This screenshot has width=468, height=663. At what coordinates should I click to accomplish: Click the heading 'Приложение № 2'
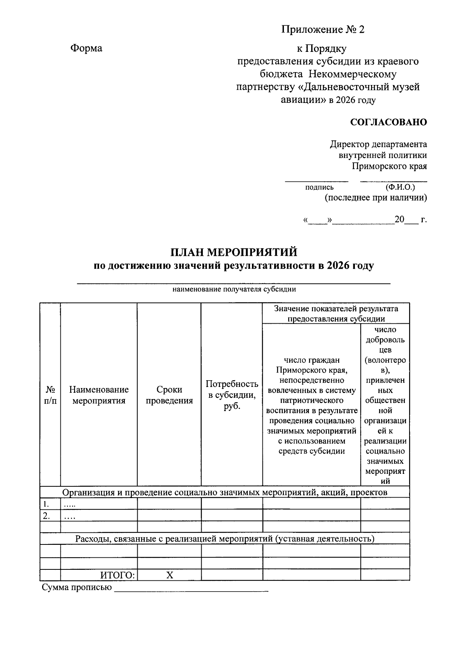point(323,30)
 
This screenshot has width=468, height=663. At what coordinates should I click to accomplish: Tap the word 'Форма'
point(86,48)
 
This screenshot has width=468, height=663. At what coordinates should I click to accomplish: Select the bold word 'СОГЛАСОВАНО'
point(388,122)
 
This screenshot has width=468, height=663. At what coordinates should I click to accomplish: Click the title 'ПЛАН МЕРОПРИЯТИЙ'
point(234,252)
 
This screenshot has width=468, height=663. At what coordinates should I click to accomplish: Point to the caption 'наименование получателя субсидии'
point(234,289)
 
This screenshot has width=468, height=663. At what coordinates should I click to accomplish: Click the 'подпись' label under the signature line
point(319,188)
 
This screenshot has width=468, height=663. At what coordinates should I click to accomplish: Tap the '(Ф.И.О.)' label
point(400,187)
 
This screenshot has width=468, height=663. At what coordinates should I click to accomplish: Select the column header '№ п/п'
point(50,395)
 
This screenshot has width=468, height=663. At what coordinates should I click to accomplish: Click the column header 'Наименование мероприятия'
point(99,395)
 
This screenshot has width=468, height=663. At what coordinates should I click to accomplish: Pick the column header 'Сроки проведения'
point(169,395)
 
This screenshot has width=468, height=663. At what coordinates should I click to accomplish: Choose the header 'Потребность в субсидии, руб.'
point(232,395)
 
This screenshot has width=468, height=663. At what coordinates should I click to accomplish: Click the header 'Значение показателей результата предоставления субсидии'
point(336,314)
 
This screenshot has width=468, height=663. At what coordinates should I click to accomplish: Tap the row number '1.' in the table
point(46,503)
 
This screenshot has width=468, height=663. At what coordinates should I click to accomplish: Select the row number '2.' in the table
point(46,516)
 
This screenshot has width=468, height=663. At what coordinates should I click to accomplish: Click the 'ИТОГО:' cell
point(117,575)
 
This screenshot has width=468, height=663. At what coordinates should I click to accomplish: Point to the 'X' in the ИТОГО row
point(169,575)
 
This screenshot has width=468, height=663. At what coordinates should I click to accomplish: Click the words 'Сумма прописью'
point(77,587)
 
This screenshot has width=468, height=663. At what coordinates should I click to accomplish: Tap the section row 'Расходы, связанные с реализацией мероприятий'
point(225,539)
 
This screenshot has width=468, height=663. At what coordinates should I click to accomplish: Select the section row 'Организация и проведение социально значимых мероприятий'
point(225,492)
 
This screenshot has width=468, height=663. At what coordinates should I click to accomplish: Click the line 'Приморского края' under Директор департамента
point(389,167)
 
